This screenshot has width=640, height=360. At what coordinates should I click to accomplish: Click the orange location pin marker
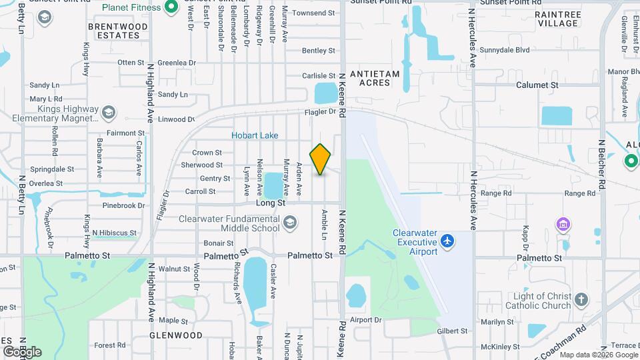click(320, 159)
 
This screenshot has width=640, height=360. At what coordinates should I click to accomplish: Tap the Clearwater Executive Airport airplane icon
click(448, 239)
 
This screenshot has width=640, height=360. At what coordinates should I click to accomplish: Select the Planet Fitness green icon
click(171, 7)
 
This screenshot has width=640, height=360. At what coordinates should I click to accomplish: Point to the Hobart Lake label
click(255, 135)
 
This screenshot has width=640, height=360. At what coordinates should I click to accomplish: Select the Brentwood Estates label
click(118, 31)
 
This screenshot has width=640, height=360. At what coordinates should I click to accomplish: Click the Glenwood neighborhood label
click(175, 335)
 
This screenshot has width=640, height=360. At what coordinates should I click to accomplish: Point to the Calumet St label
click(537, 85)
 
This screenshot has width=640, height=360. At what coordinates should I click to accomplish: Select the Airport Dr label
click(365, 320)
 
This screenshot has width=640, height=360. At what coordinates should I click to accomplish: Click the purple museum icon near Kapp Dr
click(564, 223)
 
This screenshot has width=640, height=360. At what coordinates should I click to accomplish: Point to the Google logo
click(22, 351)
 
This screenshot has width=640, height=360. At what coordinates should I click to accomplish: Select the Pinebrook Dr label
click(123, 205)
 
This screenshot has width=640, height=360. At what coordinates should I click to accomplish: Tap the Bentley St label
click(318, 51)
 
